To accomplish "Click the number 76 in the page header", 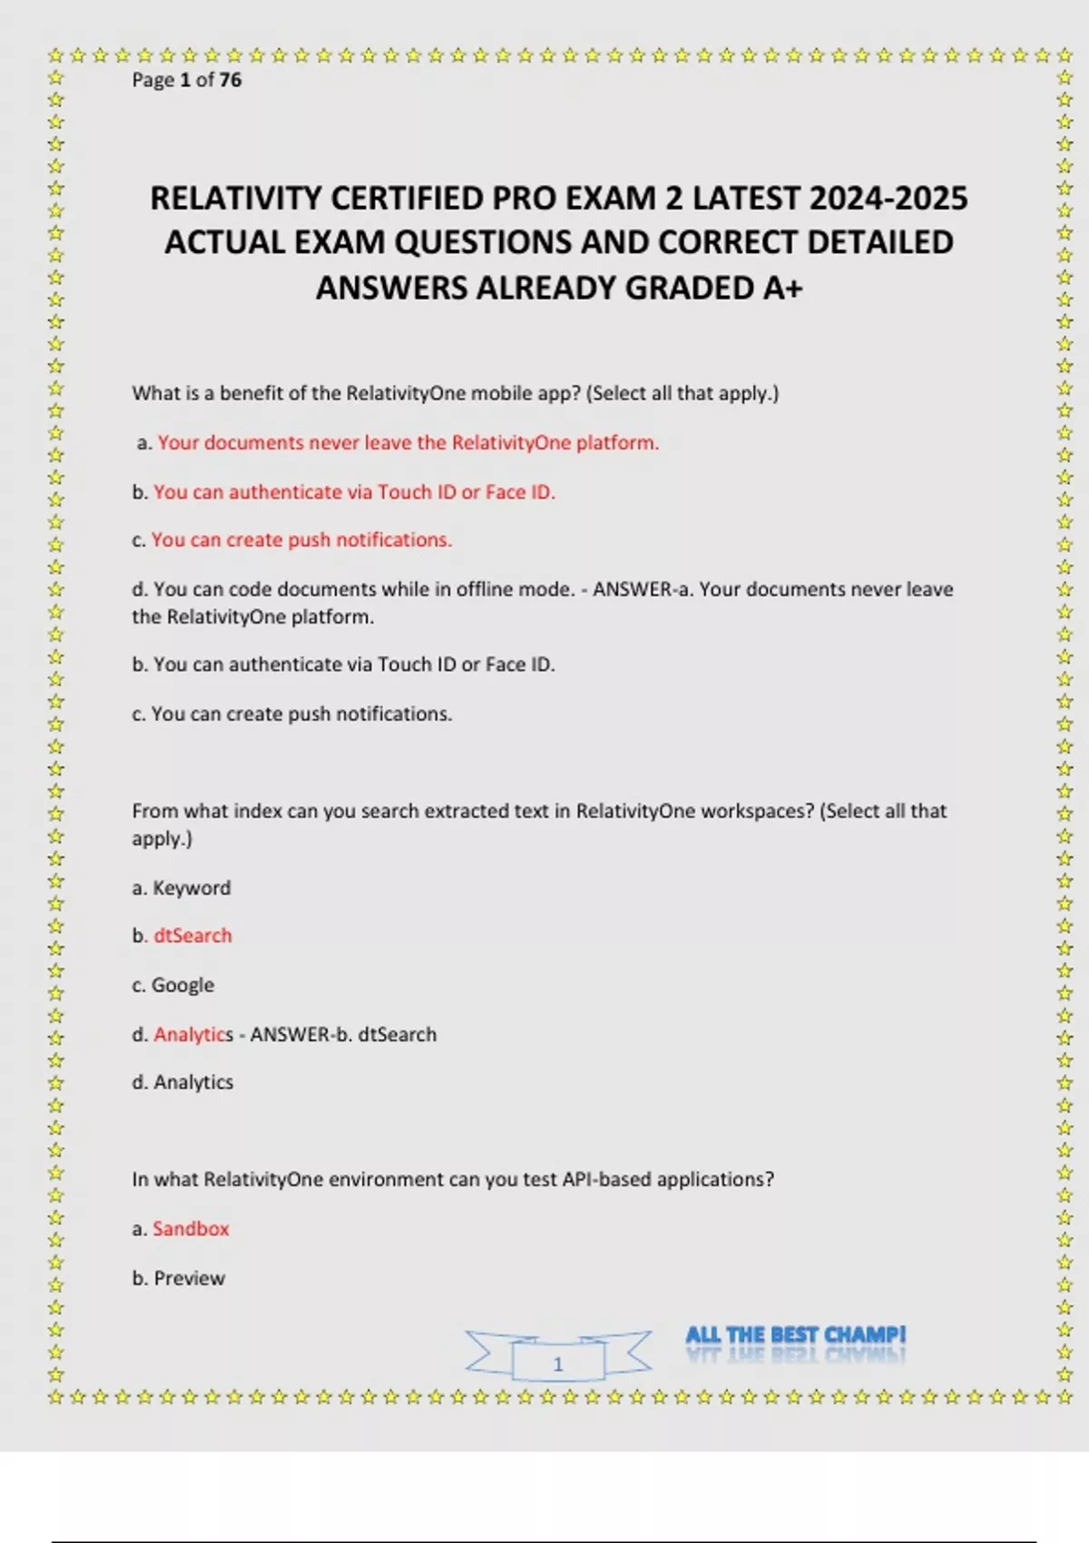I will point(231,80).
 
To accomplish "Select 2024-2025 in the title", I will point(888,199).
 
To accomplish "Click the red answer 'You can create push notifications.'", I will point(301,540).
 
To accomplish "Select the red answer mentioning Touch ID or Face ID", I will point(354,492).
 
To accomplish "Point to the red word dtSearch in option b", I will point(192,936).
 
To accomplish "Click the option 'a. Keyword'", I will point(181,888).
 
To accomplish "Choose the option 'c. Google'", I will point(173,985).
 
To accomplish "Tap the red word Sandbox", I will point(191,1229).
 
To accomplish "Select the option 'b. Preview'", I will point(179,1278).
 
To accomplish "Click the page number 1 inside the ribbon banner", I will point(558,1363).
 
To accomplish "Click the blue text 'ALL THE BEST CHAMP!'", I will point(796,1335).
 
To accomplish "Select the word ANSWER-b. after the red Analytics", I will point(300,1035).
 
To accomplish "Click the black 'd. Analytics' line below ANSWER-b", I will point(182,1082).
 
